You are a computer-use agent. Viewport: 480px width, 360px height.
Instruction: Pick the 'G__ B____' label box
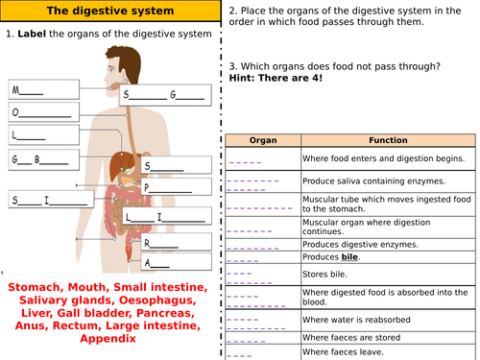[x=43, y=158]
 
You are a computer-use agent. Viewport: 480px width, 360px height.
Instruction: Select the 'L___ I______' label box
[x=164, y=217]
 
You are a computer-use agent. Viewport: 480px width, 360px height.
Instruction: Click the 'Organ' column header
[x=262, y=139]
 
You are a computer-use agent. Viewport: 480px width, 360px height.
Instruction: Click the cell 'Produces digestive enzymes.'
[x=369, y=244]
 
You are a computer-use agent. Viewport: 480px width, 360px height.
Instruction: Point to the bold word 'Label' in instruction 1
[x=33, y=35]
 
